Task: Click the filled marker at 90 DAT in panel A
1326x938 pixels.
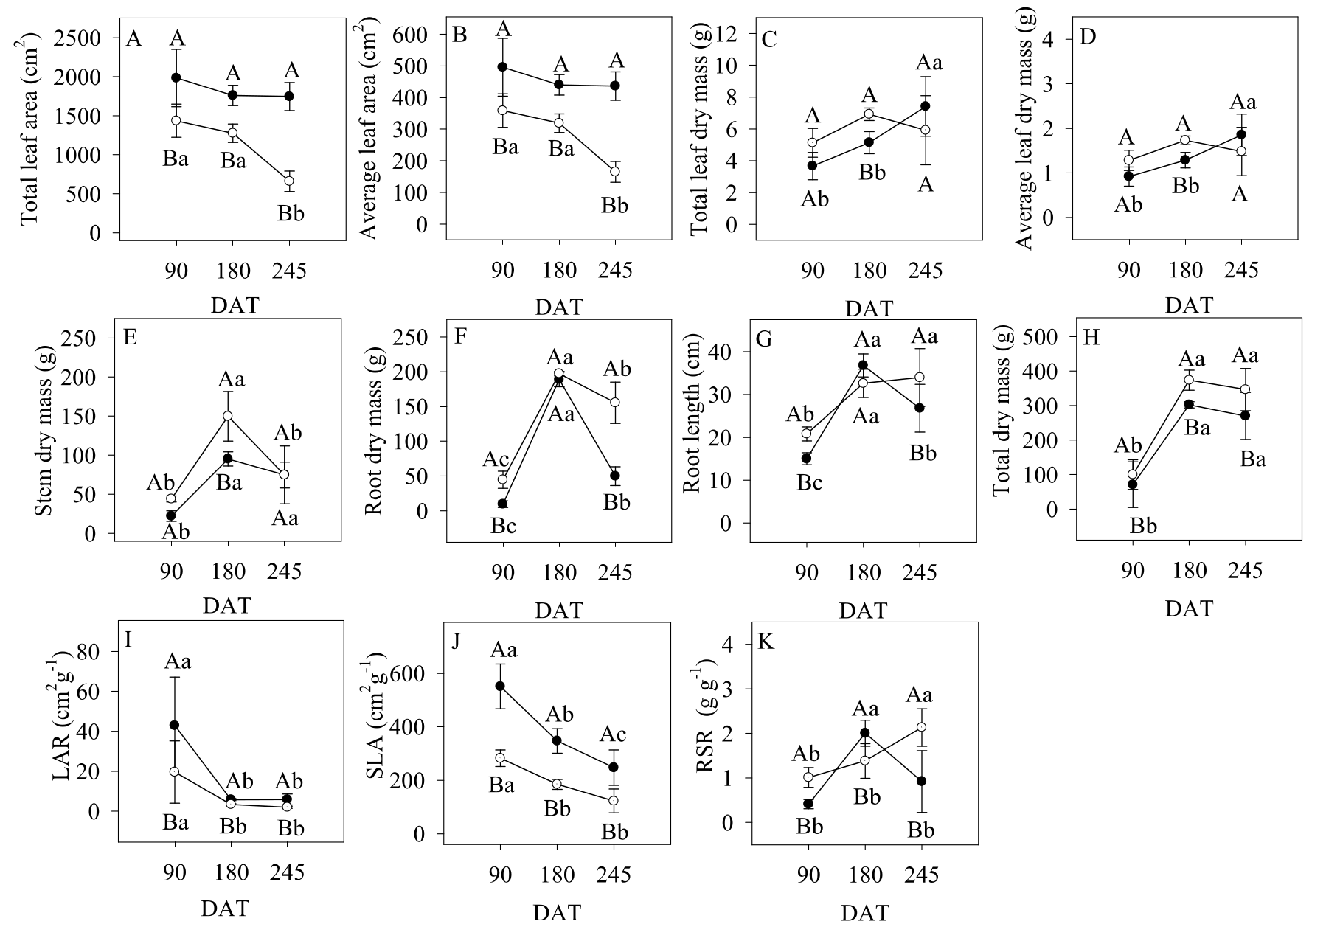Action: [176, 77]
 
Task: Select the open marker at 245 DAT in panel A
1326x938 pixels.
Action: [289, 181]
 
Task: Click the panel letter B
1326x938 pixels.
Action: [459, 37]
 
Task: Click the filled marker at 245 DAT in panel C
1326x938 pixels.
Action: [925, 106]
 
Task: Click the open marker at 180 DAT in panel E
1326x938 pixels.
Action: [228, 416]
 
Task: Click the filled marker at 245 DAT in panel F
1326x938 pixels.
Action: [615, 476]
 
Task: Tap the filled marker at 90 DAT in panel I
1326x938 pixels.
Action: [175, 725]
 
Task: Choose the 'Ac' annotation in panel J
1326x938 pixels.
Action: [613, 734]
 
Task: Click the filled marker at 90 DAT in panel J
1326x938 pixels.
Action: [500, 686]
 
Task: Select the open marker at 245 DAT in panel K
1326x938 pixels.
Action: [921, 727]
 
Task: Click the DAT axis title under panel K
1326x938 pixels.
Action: [864, 913]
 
